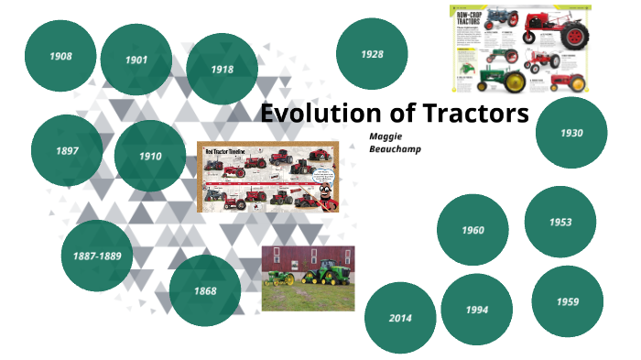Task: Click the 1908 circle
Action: [x=60, y=56]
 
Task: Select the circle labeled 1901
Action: [x=136, y=60]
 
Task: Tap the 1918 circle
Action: [x=222, y=69]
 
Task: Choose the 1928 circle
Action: [x=372, y=54]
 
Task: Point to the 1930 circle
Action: [x=571, y=133]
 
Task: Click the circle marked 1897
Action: [x=67, y=150]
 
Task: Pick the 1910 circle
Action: [x=150, y=156]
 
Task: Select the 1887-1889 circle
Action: [x=97, y=256]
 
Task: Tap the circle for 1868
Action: [x=205, y=290]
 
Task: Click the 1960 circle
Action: [x=473, y=230]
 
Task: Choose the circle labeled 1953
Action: [x=560, y=222]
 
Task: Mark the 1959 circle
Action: [x=567, y=301]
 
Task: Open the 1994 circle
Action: [x=476, y=310]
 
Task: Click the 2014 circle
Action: [x=400, y=318]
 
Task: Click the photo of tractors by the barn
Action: [x=308, y=278]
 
